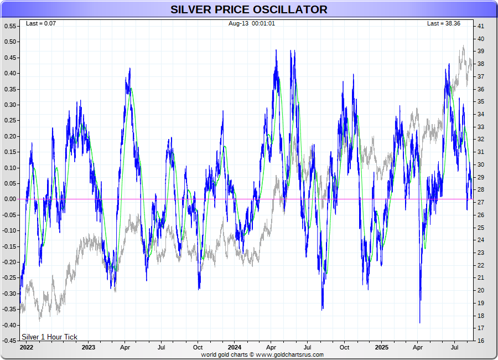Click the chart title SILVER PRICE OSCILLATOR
248,9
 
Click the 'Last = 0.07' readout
41,23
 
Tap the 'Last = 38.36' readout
443,23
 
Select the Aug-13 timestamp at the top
252,23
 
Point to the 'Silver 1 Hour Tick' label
49,337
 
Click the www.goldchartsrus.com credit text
262,354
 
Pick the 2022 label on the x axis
26,347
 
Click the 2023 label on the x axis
88,347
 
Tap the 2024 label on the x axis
234,347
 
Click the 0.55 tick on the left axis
11,26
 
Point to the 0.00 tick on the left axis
11,199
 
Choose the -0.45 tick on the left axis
9,341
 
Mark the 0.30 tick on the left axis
11,105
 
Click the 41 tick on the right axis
481,26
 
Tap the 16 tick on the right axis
481,341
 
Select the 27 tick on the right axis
481,202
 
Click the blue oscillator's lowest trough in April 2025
419,322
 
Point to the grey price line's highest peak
463,47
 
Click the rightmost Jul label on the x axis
455,347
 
